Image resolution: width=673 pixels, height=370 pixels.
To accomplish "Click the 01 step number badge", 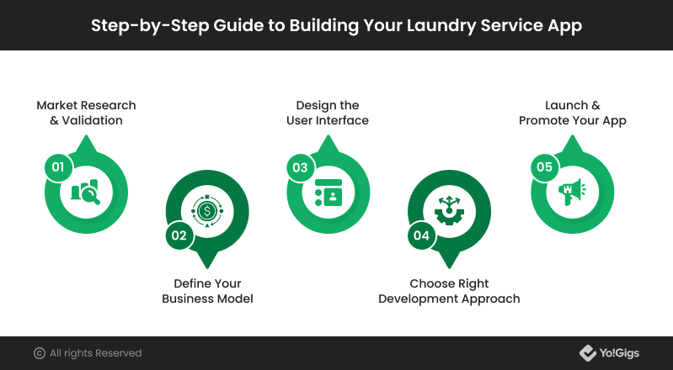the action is (58, 167).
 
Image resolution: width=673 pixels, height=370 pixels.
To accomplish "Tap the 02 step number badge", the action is (179, 235).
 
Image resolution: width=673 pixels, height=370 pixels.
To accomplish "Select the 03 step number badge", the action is (301, 167).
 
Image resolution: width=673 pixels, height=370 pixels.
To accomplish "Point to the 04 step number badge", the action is (421, 235).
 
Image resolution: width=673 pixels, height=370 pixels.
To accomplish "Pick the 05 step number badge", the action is (545, 167).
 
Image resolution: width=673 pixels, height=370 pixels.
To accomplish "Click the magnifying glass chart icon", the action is (86, 192).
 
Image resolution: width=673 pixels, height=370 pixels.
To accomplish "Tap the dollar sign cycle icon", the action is (207, 211).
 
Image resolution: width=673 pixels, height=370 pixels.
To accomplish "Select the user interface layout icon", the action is (328, 193).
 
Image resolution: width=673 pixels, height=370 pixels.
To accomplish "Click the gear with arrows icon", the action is (450, 210).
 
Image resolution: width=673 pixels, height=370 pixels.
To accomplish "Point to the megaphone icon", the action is (572, 191).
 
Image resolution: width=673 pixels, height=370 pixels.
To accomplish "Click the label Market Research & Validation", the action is (86, 113).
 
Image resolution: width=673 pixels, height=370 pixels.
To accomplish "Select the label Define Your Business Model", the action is (207, 291).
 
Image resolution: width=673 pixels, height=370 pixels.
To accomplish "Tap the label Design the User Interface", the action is (328, 113).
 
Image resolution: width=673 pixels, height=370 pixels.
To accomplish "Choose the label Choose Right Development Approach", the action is (449, 291).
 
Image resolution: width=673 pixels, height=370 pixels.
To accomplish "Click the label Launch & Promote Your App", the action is (573, 113).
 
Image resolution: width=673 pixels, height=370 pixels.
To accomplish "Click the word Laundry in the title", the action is (441, 26).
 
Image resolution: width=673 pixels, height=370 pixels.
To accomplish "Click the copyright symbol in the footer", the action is (40, 353).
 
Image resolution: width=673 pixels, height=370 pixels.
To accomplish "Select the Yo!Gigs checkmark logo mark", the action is (588, 353).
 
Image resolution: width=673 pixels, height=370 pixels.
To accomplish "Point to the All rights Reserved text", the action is (96, 353).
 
